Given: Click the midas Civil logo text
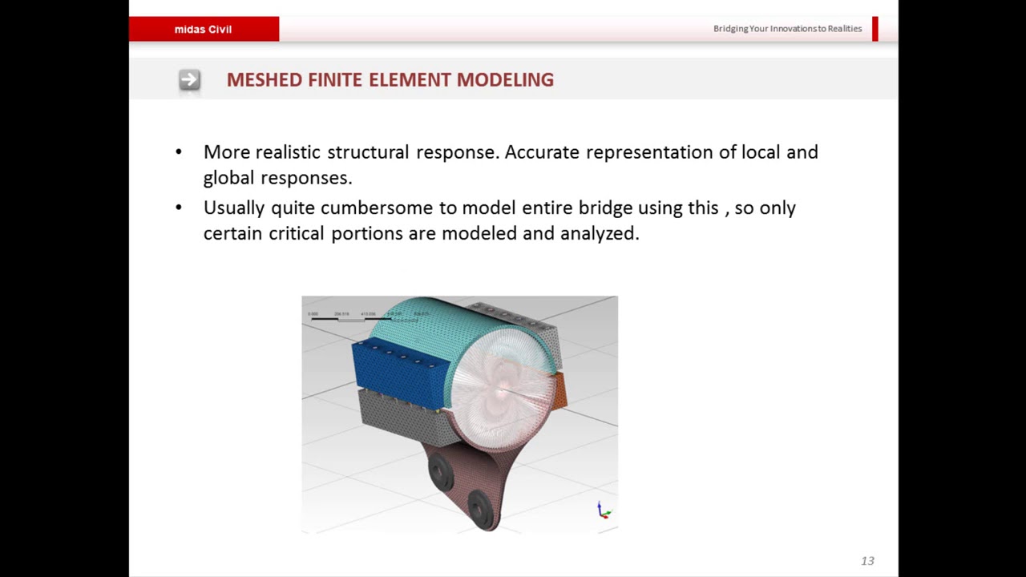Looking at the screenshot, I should tap(203, 29).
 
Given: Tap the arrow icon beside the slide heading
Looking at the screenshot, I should tap(189, 79).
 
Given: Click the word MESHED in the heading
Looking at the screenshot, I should tap(264, 79).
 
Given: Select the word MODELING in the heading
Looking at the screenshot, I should tap(505, 79).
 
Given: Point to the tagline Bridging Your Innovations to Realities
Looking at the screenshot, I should tap(787, 29).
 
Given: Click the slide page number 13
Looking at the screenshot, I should tap(867, 561).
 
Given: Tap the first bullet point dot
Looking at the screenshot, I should tap(179, 152).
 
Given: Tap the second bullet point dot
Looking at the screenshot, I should tap(179, 208).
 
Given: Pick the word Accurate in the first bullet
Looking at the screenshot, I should tap(542, 152).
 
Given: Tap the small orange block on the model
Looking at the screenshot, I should tap(560, 389).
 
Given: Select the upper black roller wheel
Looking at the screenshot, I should tap(439, 472).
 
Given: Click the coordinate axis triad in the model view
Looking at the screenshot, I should tap(604, 510).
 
